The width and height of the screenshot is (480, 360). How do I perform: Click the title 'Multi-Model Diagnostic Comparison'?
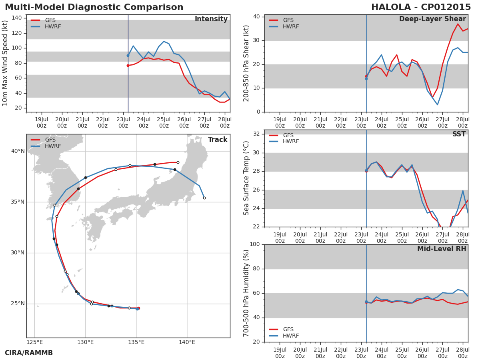click(x=94, y=8)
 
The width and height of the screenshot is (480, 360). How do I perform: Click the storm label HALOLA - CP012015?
click(x=421, y=8)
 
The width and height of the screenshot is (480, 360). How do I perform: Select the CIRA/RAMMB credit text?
click(x=29, y=353)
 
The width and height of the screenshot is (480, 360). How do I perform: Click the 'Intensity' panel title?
click(x=211, y=19)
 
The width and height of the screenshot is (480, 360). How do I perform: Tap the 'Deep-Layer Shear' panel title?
click(x=432, y=19)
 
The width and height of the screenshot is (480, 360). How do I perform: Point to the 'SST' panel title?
click(x=459, y=134)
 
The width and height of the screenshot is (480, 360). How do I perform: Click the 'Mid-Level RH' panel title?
click(x=442, y=249)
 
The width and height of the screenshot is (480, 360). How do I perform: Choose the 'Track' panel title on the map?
click(x=218, y=140)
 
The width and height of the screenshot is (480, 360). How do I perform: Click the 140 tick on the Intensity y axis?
click(x=17, y=18)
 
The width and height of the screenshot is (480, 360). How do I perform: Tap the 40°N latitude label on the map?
click(x=18, y=151)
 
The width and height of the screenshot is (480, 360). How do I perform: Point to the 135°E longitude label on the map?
click(x=136, y=342)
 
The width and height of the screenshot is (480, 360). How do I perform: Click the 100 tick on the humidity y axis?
click(x=254, y=244)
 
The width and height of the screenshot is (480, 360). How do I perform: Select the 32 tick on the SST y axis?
click(x=256, y=134)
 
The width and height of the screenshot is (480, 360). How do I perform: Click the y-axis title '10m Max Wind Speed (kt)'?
click(x=6, y=63)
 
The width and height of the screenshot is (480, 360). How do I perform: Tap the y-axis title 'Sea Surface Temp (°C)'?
click(x=247, y=178)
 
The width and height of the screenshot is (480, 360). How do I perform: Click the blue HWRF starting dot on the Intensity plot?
click(x=128, y=56)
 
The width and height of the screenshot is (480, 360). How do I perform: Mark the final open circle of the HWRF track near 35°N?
click(x=204, y=198)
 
